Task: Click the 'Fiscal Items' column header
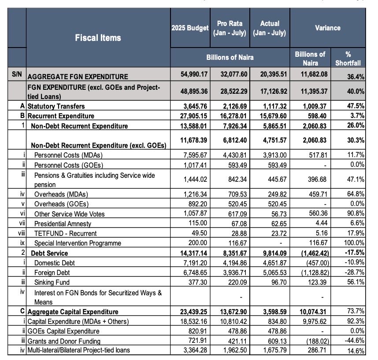coord(98,38)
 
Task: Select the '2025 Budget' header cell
coord(190,28)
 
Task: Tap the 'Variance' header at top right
coord(327,28)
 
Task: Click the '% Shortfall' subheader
coord(348,59)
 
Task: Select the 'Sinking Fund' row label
coord(52,282)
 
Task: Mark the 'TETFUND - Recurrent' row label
coord(65,233)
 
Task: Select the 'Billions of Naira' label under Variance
coord(310,59)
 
